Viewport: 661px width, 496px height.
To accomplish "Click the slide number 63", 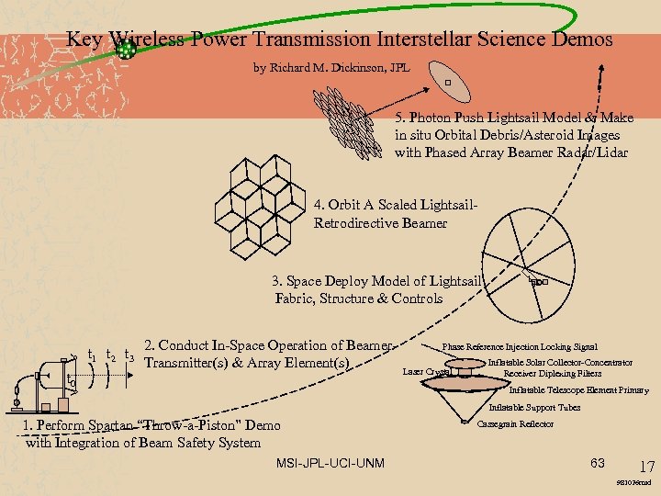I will tap(598, 461).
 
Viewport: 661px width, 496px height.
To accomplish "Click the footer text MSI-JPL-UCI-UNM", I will tap(331, 461).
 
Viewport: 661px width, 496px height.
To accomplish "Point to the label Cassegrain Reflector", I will tap(517, 423).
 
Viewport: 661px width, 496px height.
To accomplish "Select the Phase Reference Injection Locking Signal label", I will tap(520, 347).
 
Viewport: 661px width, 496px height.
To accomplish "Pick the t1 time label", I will tap(92, 355).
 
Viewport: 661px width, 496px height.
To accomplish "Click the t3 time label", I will tap(129, 355).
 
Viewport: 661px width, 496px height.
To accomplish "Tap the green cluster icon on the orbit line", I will tap(127, 51).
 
